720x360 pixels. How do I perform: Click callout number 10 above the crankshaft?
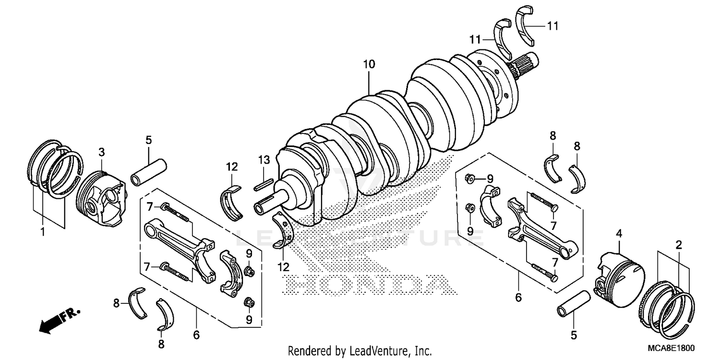coord(369,64)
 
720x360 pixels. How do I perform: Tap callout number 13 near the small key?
coord(264,159)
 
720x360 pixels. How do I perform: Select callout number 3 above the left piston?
coord(101,152)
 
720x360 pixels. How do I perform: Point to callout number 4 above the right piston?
coord(619,234)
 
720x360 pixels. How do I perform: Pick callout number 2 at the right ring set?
coord(679,245)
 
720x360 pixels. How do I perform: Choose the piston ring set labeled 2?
coord(667,307)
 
